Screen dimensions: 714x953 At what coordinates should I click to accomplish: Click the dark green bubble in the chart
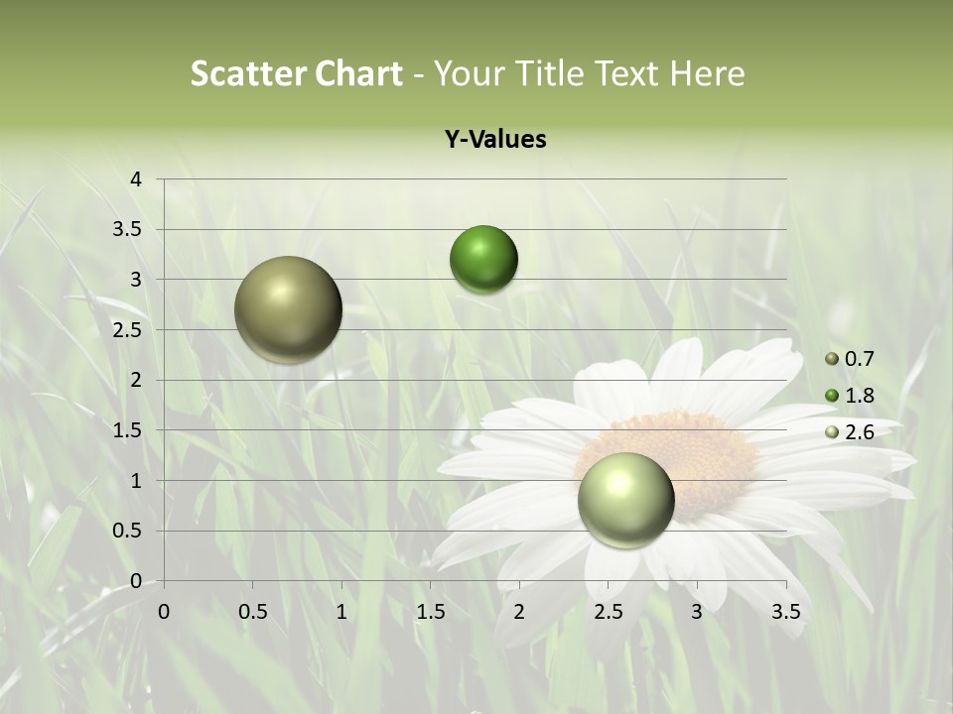coord(483,259)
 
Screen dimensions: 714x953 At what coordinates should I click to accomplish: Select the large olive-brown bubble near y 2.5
coord(288,309)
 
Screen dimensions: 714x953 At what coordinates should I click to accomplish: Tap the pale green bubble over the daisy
coord(625,499)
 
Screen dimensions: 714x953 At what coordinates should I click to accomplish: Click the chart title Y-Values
coord(495,140)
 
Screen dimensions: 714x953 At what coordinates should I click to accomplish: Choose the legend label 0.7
coord(859,359)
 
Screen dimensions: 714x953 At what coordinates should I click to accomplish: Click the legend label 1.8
coord(859,396)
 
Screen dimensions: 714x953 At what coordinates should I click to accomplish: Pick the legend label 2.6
coord(859,432)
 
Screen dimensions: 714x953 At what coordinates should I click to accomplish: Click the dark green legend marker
coord(832,396)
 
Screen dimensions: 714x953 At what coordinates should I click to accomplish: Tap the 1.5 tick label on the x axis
coord(430,612)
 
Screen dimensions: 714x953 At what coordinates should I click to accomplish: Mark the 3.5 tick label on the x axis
coord(786,612)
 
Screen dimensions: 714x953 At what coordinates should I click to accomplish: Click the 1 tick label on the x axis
coord(341,612)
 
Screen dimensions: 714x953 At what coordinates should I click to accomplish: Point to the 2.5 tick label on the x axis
coord(608,612)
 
